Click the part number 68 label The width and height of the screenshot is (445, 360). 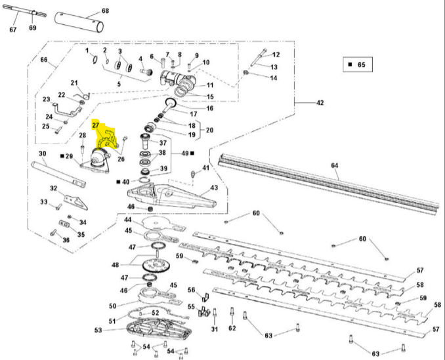[106, 12]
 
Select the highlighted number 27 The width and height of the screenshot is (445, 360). [96, 125]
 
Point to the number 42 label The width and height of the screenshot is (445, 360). [320, 103]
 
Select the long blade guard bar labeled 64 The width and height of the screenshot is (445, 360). [328, 182]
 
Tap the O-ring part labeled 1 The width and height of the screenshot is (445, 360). [95, 61]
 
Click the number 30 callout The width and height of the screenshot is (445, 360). [41, 154]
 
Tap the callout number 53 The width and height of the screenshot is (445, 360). [98, 330]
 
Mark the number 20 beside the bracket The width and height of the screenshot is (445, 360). [209, 130]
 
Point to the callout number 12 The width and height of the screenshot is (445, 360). [276, 54]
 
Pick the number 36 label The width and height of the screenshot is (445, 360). [65, 240]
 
